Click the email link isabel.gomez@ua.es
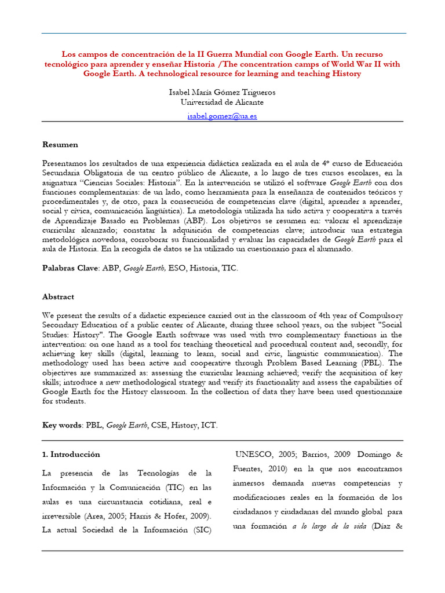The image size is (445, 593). [x=222, y=116]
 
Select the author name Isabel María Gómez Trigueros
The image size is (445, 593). [x=222, y=92]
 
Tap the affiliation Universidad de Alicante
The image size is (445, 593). [x=222, y=102]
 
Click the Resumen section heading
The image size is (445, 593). [x=60, y=144]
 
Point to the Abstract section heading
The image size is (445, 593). [x=58, y=296]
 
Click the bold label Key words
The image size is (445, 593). [x=62, y=425]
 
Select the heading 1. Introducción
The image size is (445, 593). [x=71, y=455]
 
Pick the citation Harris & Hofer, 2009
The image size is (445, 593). [x=175, y=515]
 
